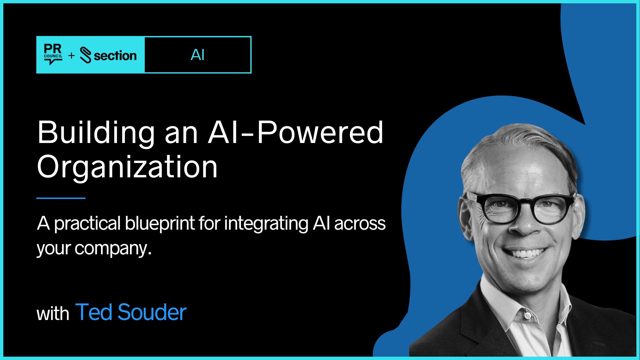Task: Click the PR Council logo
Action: (x=53, y=54)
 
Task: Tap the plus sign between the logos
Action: (x=71, y=56)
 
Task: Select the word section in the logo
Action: (x=115, y=56)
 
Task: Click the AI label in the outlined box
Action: (x=197, y=55)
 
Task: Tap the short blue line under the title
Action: (x=61, y=198)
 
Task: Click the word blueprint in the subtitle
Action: (x=160, y=224)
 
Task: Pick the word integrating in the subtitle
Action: (x=266, y=224)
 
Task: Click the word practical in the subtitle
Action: (x=87, y=224)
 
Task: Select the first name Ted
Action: (x=94, y=312)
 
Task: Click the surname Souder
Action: (x=152, y=312)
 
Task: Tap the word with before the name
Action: (x=53, y=314)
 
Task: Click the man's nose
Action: (x=525, y=223)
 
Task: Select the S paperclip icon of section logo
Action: (x=86, y=56)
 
